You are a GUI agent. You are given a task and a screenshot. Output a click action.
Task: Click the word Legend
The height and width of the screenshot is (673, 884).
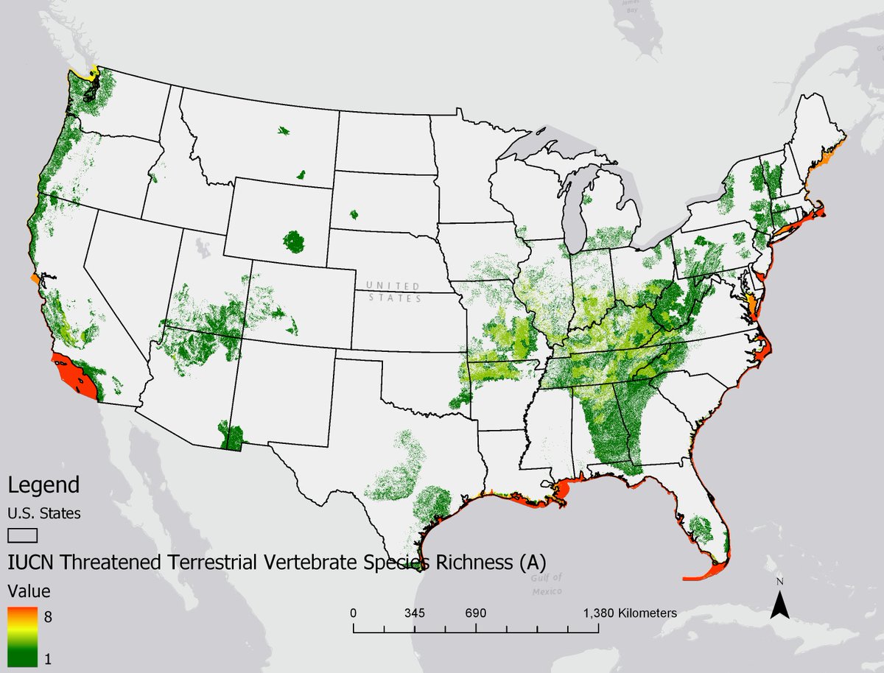point(43,486)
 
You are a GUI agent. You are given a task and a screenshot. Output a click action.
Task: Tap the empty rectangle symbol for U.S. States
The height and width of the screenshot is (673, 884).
point(22,534)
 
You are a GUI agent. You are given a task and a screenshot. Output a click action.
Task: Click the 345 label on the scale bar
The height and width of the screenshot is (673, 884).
point(415,613)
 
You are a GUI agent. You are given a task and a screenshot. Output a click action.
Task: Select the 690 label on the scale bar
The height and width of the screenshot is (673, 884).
point(476,613)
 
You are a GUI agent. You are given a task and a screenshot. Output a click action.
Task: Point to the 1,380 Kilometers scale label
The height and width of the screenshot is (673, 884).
point(630,613)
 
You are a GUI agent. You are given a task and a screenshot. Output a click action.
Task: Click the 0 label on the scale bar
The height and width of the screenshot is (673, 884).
point(354,613)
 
